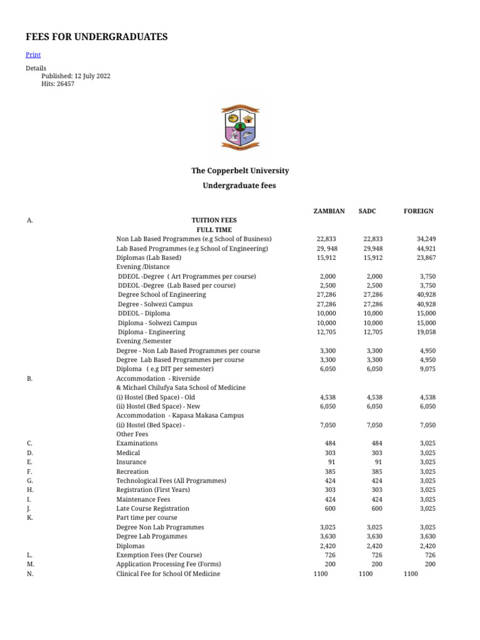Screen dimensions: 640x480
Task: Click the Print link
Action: [33, 55]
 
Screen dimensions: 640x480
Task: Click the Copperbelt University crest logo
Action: [240, 127]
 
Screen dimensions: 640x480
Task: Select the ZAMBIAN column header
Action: [329, 211]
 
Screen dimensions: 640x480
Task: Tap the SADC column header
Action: [367, 211]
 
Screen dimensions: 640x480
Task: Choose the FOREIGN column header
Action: [419, 211]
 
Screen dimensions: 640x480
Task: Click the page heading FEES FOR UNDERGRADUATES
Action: [96, 37]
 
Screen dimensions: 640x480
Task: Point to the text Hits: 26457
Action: [57, 84]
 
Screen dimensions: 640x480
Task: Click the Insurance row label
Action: [131, 462]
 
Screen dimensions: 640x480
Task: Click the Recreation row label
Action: [132, 471]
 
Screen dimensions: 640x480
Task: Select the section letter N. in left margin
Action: [30, 573]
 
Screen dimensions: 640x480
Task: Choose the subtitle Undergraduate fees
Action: [239, 186]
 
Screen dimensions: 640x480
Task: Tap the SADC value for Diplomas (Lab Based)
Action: [372, 257]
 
